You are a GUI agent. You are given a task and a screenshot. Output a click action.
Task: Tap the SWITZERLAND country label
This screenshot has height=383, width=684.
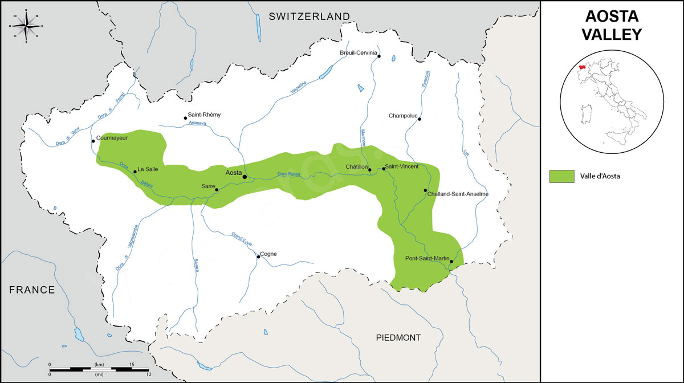(x=309, y=16)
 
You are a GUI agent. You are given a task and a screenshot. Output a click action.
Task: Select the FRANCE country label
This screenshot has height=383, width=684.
(x=32, y=290)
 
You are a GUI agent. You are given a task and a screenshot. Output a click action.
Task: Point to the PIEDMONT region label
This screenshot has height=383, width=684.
(x=398, y=338)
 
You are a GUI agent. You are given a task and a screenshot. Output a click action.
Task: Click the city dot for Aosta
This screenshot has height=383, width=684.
(x=245, y=177)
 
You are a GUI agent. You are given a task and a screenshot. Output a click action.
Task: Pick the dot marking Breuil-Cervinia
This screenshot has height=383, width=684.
(x=378, y=56)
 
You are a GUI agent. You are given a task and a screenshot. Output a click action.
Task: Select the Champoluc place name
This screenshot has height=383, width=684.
(x=403, y=116)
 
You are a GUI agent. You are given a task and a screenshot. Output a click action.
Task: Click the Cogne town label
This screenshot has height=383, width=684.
(x=268, y=254)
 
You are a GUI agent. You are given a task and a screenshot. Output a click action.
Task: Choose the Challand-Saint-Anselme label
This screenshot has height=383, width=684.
(x=458, y=194)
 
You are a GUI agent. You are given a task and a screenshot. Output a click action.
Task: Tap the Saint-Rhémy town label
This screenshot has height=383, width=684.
(x=204, y=115)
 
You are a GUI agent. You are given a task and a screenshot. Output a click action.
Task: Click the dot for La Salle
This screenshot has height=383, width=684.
(x=135, y=172)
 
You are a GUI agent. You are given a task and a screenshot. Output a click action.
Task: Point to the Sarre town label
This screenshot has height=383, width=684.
(x=208, y=186)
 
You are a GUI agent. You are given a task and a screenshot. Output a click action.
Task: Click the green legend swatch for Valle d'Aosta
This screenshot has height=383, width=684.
(x=561, y=176)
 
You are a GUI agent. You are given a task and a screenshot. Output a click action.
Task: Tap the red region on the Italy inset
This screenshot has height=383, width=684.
(x=582, y=67)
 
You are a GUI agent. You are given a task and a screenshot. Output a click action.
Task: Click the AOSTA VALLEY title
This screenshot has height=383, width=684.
(x=611, y=25)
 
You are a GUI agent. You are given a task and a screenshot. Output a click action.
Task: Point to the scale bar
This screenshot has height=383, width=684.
(x=100, y=369)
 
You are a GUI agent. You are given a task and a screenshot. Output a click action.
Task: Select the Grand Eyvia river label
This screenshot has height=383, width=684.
(x=242, y=238)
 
